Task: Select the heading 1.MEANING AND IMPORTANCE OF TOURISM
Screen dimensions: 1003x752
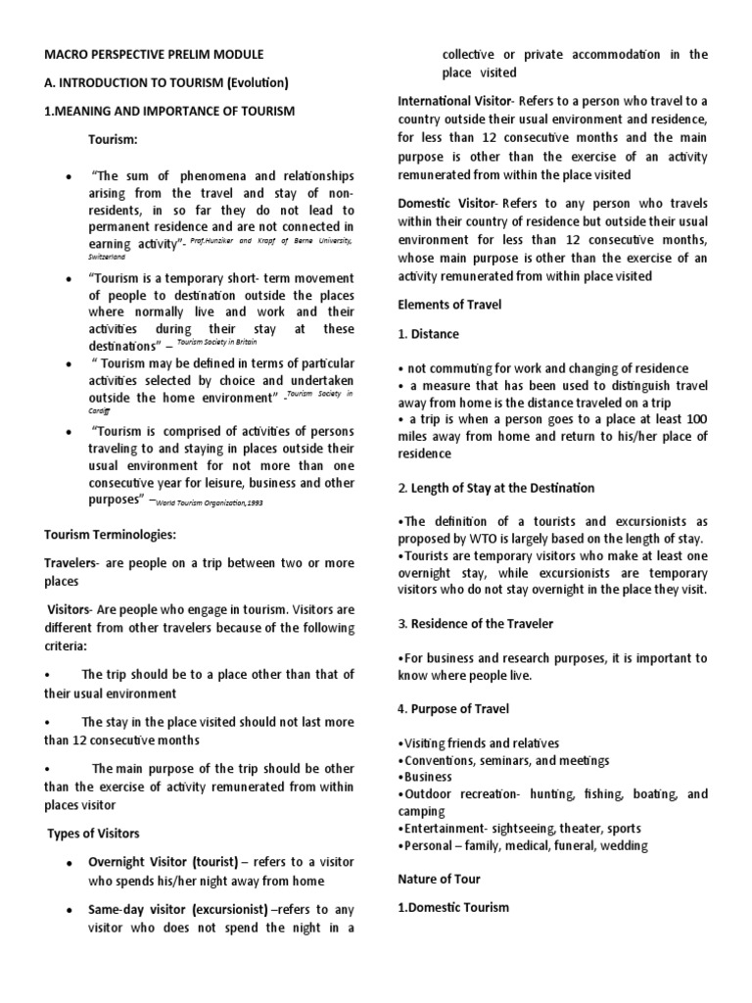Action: (x=169, y=112)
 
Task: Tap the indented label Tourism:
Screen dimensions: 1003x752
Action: (x=116, y=140)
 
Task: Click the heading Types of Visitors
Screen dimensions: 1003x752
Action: (x=94, y=834)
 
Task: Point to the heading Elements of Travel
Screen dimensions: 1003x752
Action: (x=449, y=305)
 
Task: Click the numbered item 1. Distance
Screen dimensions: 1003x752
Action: (x=428, y=334)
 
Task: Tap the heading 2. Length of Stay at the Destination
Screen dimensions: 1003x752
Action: (x=495, y=488)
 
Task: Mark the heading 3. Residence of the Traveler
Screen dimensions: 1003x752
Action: (x=475, y=624)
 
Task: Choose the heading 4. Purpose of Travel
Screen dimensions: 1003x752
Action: (x=453, y=708)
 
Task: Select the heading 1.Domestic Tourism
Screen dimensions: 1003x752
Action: (x=453, y=907)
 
